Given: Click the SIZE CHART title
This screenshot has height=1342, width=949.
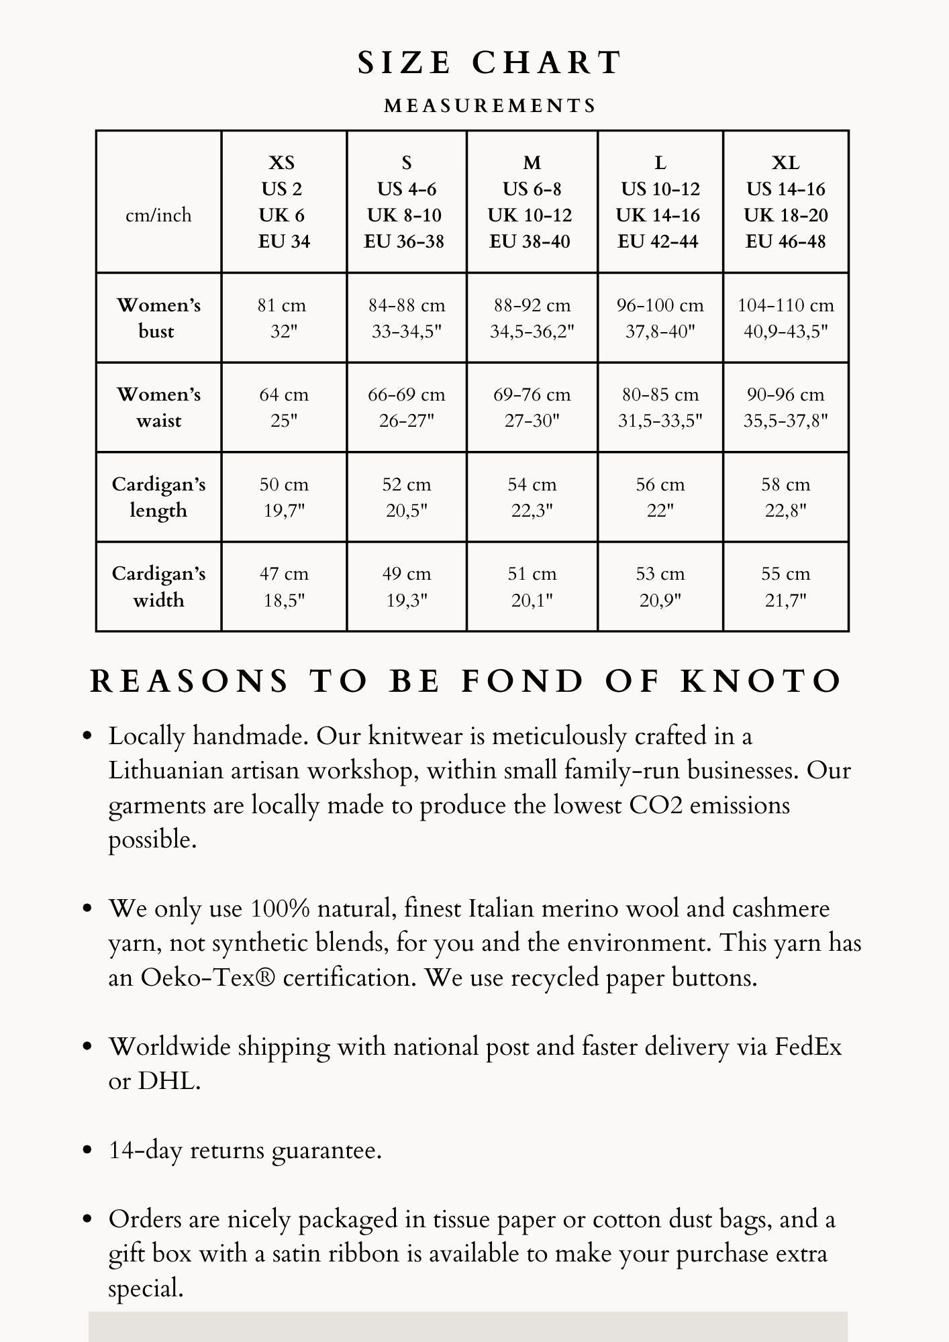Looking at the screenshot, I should pyautogui.click(x=490, y=63).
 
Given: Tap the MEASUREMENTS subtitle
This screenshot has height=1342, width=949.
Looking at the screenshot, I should pyautogui.click(x=490, y=106).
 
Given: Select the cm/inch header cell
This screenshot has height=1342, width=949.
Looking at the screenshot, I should pyautogui.click(x=158, y=215).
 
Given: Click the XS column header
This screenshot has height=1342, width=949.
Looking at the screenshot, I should pyautogui.click(x=284, y=201).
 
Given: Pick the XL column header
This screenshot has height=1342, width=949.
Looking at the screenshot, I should pyautogui.click(x=785, y=201).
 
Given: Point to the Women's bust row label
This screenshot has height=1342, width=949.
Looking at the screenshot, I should pyautogui.click(x=158, y=318).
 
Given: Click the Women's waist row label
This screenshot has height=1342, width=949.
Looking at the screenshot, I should pyautogui.click(x=158, y=407).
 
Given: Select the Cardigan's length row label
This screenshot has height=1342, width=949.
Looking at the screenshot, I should pyautogui.click(x=158, y=497).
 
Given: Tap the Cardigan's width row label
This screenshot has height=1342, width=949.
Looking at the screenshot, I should pyautogui.click(x=158, y=586).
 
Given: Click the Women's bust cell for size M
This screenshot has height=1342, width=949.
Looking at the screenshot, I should pyautogui.click(x=532, y=318).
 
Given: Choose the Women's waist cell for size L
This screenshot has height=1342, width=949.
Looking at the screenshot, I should pyautogui.click(x=660, y=407).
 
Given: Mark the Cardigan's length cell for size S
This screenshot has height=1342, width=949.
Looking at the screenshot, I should pyautogui.click(x=407, y=497).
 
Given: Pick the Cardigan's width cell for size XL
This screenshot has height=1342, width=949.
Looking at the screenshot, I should pyautogui.click(x=785, y=586).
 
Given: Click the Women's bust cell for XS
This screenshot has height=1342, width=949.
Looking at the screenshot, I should pyautogui.click(x=284, y=318).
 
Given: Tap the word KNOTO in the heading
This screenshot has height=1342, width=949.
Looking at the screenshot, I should pyautogui.click(x=761, y=681).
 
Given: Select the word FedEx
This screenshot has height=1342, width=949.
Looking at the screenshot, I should pyautogui.click(x=808, y=1047).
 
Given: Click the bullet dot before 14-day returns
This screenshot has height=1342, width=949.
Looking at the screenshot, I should pyautogui.click(x=87, y=1150).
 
